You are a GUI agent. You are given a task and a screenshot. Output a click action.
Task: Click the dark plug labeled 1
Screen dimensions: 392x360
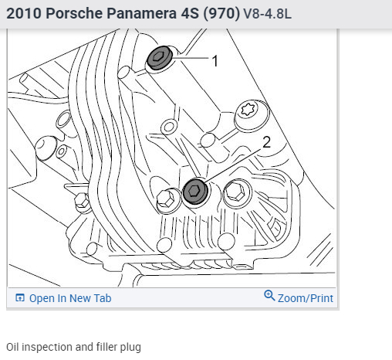160,58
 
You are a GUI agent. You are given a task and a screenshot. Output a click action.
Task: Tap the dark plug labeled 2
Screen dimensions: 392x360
195,192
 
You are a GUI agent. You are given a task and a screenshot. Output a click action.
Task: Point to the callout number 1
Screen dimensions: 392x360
215,61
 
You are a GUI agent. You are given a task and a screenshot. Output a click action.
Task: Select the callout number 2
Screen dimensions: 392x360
266,142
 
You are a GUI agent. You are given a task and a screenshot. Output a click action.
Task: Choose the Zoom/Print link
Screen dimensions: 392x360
306,298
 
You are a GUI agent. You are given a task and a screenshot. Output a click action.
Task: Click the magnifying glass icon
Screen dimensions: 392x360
269,295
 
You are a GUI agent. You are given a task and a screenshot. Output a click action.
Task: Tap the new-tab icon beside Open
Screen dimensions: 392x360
20,298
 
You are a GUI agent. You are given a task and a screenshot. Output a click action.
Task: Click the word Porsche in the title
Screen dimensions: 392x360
74,13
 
